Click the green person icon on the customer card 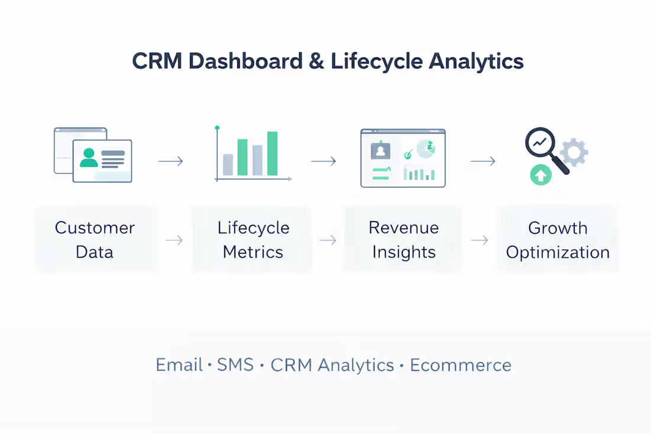click(x=89, y=157)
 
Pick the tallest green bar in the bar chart click(x=272, y=153)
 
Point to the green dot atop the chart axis click(x=217, y=127)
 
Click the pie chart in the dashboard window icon click(x=426, y=149)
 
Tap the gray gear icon click(x=573, y=153)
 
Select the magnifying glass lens click(x=539, y=143)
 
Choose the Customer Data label click(x=95, y=240)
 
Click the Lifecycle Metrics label click(x=253, y=240)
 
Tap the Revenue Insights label click(x=404, y=240)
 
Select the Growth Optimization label click(x=557, y=240)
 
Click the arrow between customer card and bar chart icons click(x=171, y=161)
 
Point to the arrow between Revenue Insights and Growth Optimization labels click(x=479, y=240)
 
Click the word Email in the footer click(x=179, y=365)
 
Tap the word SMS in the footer click(x=235, y=365)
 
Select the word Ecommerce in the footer click(x=460, y=365)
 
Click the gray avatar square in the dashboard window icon click(x=381, y=152)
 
